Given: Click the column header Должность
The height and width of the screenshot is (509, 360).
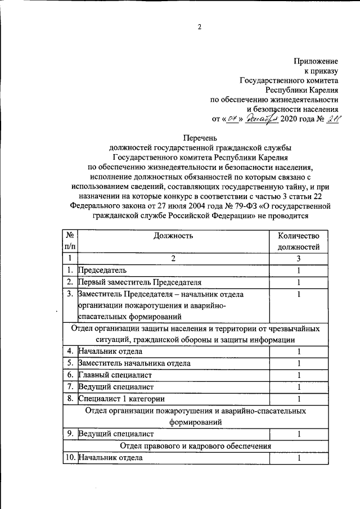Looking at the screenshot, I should pyautogui.click(x=173, y=236).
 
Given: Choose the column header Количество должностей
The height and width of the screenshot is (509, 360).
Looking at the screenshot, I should pyautogui.click(x=298, y=241).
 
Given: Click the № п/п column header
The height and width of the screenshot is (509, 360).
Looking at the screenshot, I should pyautogui.click(x=70, y=241).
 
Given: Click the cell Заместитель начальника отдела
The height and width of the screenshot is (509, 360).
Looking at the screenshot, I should pyautogui.click(x=134, y=363).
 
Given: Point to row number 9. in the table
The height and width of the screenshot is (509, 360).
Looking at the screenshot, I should pyautogui.click(x=70, y=434).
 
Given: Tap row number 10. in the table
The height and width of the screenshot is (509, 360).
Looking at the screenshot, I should pyautogui.click(x=70, y=458).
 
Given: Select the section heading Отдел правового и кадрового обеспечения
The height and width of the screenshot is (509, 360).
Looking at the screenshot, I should pyautogui.click(x=195, y=446).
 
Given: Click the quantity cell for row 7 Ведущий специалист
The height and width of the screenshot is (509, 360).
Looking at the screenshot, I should pyautogui.click(x=299, y=387).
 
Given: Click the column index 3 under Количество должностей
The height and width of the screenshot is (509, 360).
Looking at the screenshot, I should pyautogui.click(x=299, y=258).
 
